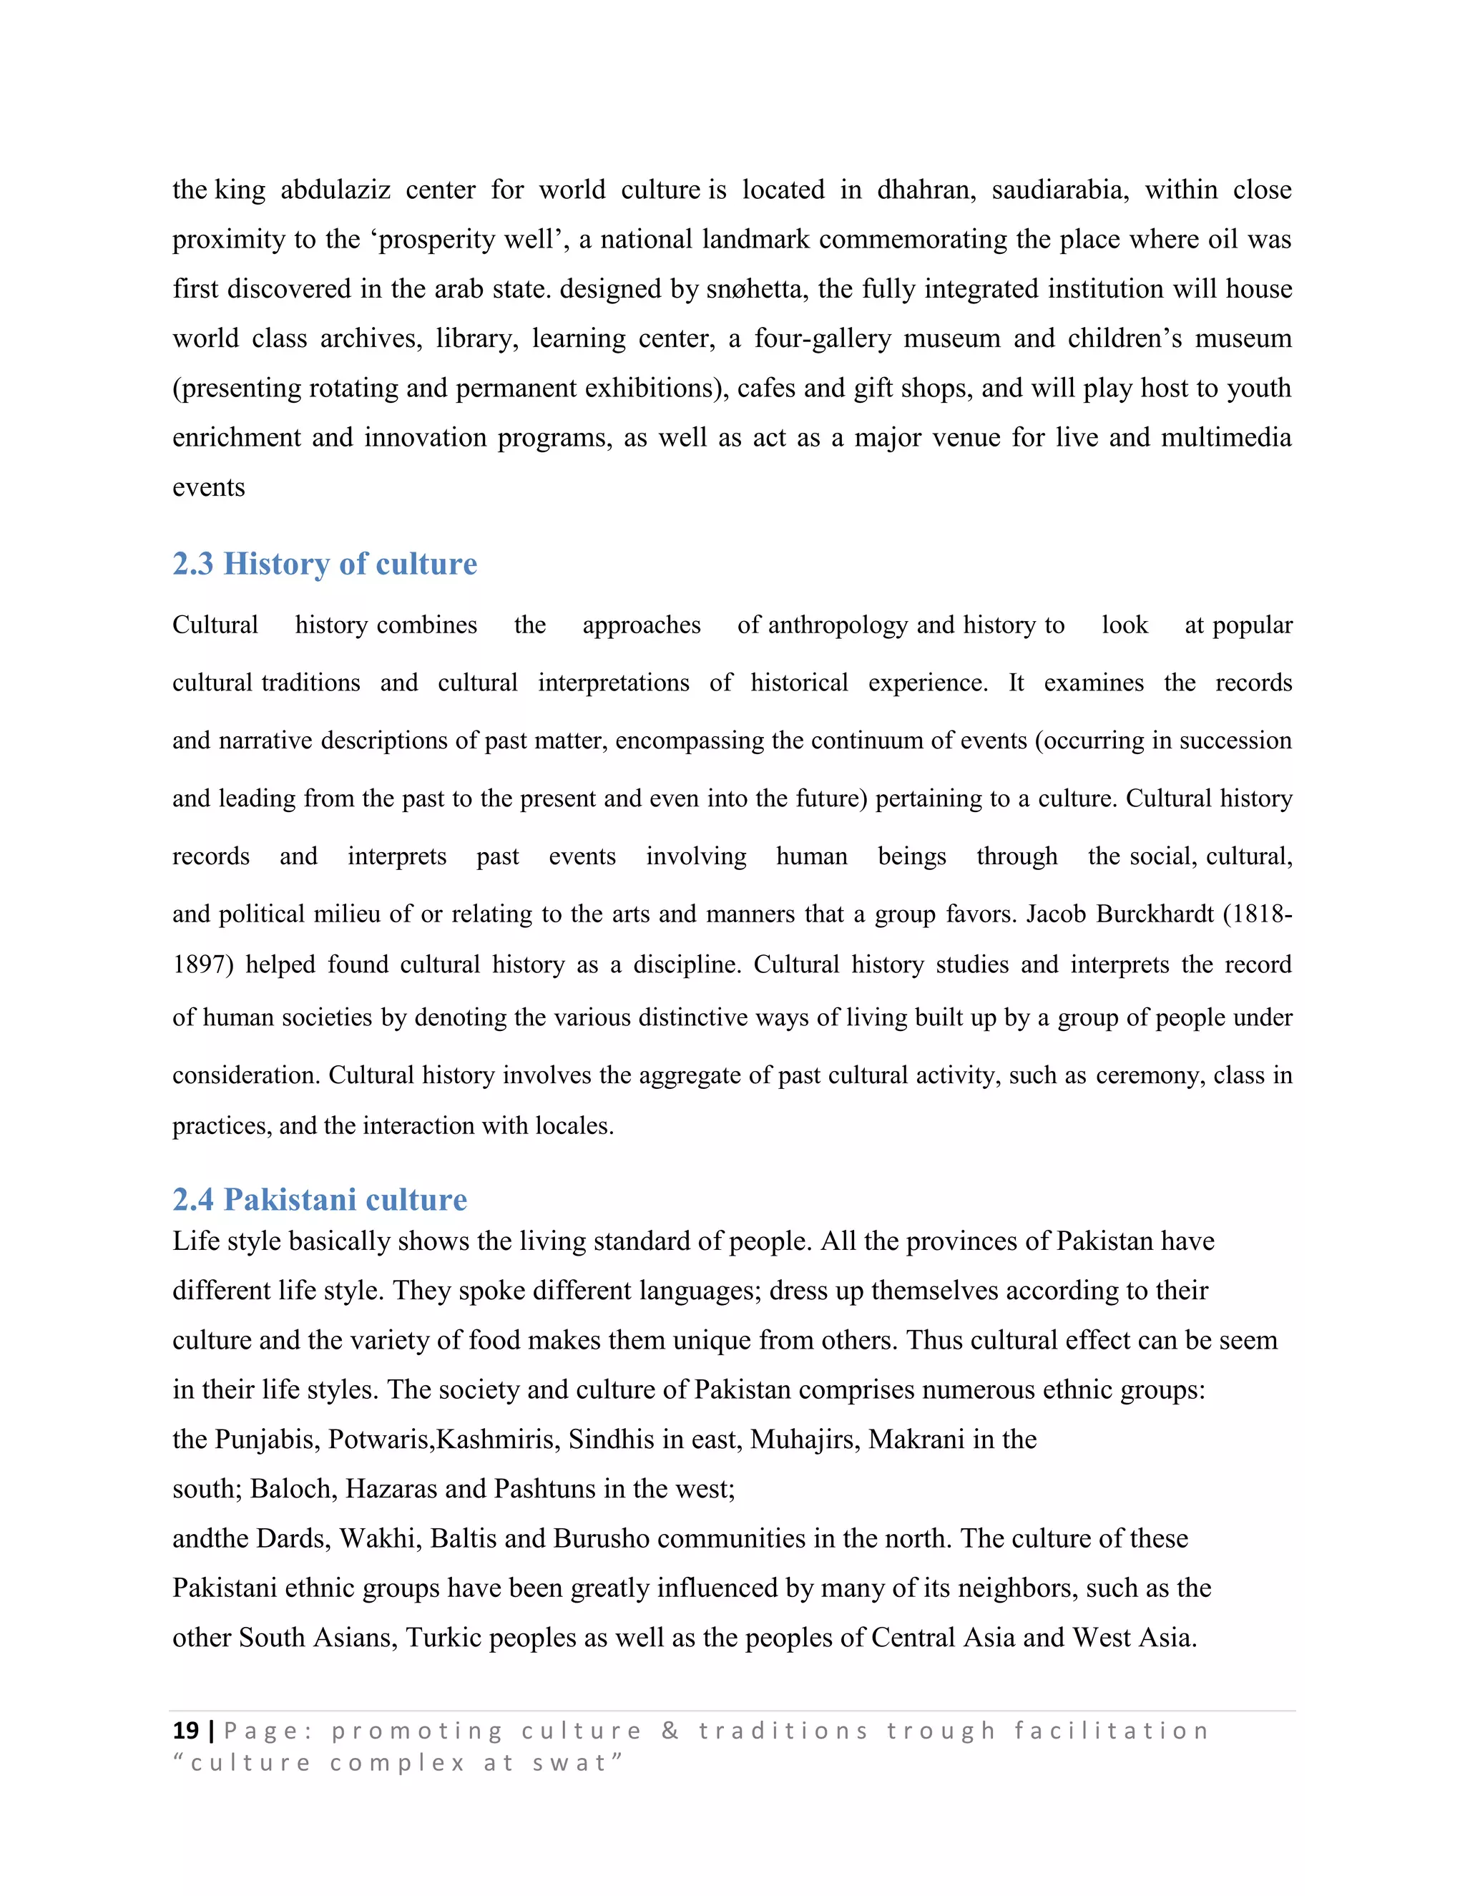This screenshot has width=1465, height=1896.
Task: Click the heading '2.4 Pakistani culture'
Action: pos(319,1200)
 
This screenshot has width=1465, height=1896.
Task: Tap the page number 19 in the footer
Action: pos(186,1731)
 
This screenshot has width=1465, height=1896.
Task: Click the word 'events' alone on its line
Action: pos(208,488)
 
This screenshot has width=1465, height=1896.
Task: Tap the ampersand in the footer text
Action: pos(669,1731)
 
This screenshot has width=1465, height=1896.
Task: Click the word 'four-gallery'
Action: pos(822,338)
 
